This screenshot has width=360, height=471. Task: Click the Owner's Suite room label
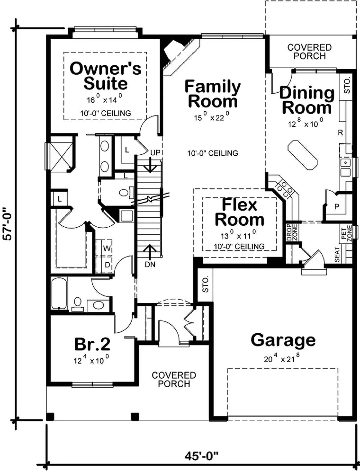[x=106, y=76]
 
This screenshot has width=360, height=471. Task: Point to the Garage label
[x=283, y=340]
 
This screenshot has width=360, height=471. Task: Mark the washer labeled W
[x=107, y=249]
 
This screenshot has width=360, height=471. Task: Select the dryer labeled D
[x=107, y=265]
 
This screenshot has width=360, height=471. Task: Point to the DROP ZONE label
[x=292, y=233]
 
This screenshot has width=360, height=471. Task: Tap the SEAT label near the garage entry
[x=337, y=255]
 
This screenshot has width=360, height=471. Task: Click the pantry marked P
[x=337, y=207]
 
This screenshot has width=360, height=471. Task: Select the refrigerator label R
[x=340, y=133]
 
